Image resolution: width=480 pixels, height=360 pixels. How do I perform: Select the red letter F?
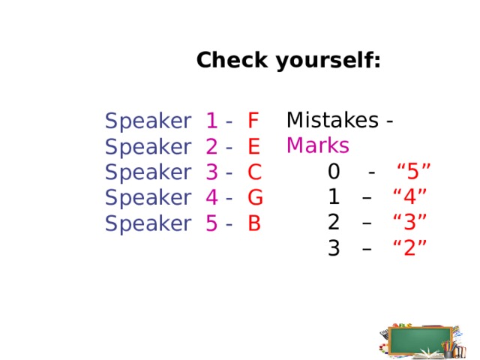[253, 120]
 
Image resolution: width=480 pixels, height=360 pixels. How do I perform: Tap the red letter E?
[253, 146]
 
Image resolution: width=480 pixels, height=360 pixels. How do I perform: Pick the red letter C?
[254, 172]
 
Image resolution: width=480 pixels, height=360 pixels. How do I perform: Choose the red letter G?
[255, 198]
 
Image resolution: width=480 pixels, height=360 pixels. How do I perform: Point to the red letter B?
[254, 223]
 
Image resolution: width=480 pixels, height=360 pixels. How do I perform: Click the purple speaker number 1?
[211, 120]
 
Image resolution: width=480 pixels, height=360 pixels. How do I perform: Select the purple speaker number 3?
[211, 172]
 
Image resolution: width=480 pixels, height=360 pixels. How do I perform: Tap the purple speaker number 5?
[211, 223]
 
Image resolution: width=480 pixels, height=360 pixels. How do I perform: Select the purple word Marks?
[318, 145]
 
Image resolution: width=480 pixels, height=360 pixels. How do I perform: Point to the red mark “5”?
[412, 172]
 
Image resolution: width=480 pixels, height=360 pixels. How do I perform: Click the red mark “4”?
[410, 197]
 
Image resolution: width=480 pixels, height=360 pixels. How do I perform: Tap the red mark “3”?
[410, 223]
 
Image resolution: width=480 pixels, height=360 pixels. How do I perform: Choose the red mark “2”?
[410, 248]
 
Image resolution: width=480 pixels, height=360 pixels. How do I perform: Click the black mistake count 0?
[334, 172]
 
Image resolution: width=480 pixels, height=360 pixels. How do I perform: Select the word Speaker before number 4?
[148, 198]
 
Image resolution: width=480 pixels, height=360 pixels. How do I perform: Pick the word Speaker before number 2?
[148, 146]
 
